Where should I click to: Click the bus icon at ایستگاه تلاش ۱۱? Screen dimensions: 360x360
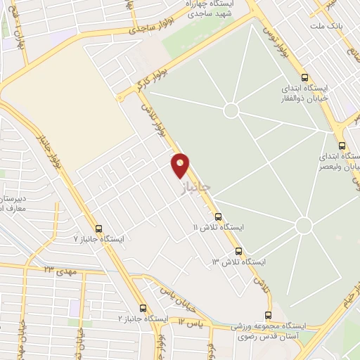219,217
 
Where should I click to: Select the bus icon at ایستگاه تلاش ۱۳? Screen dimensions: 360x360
238,250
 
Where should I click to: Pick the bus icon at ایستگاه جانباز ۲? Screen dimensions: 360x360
143,308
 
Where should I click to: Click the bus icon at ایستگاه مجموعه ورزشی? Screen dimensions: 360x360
267,315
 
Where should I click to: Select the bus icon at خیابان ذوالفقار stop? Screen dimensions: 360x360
304,78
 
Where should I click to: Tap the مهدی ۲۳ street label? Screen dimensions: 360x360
59,270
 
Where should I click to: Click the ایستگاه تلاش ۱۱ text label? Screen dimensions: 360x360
222,229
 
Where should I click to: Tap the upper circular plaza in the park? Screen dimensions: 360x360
231,110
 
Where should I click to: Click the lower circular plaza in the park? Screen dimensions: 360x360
304,226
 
